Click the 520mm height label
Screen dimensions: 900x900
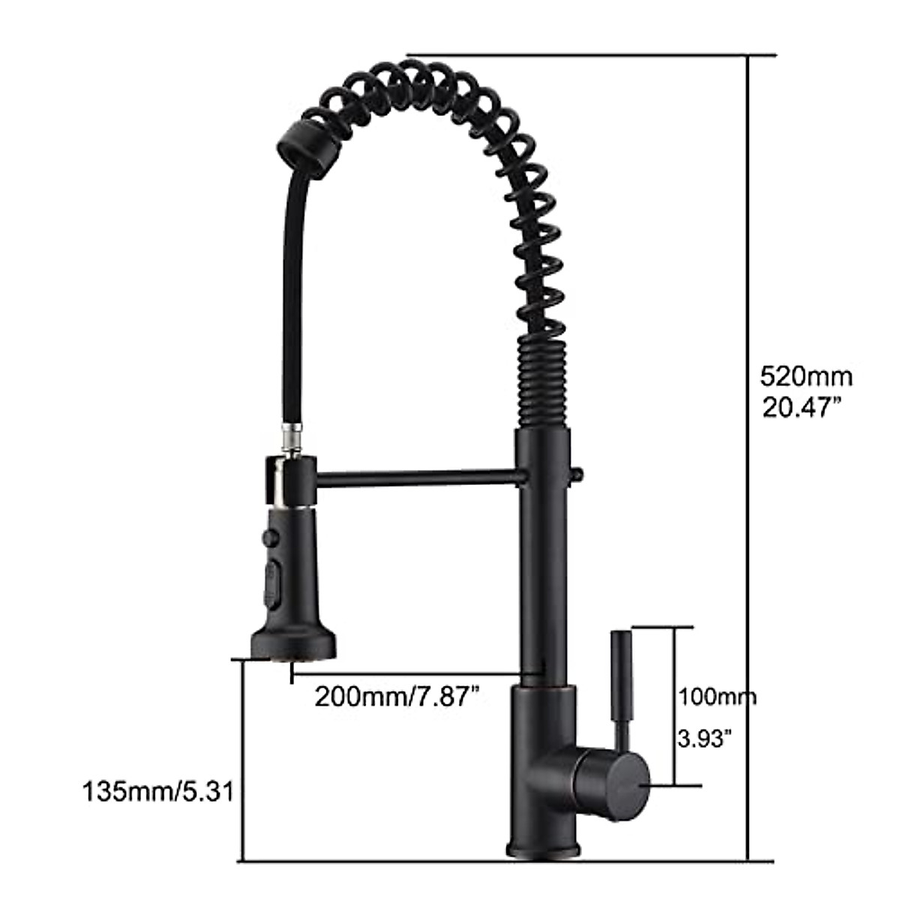tap(806, 374)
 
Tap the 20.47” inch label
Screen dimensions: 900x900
tap(800, 408)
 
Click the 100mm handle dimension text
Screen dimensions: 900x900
tap(716, 697)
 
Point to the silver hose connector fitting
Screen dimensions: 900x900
tap(289, 438)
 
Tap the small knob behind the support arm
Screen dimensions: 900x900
tap(578, 474)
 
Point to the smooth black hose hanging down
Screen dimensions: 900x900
tap(287, 300)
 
